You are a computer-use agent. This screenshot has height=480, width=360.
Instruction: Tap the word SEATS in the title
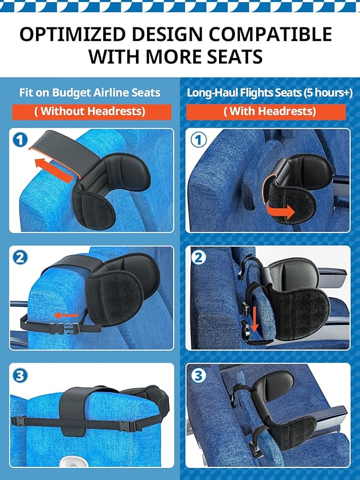point(230,56)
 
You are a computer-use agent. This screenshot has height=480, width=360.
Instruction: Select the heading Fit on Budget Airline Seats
point(90,92)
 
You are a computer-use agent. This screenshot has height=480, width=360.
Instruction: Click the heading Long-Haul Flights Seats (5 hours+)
point(269,92)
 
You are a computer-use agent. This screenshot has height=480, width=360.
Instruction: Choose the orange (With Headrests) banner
point(266,111)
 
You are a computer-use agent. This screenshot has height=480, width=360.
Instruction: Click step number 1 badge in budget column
point(20,140)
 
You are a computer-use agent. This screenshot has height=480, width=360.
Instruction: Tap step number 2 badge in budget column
point(20,257)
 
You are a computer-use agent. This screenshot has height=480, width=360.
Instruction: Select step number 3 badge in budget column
point(20,376)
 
